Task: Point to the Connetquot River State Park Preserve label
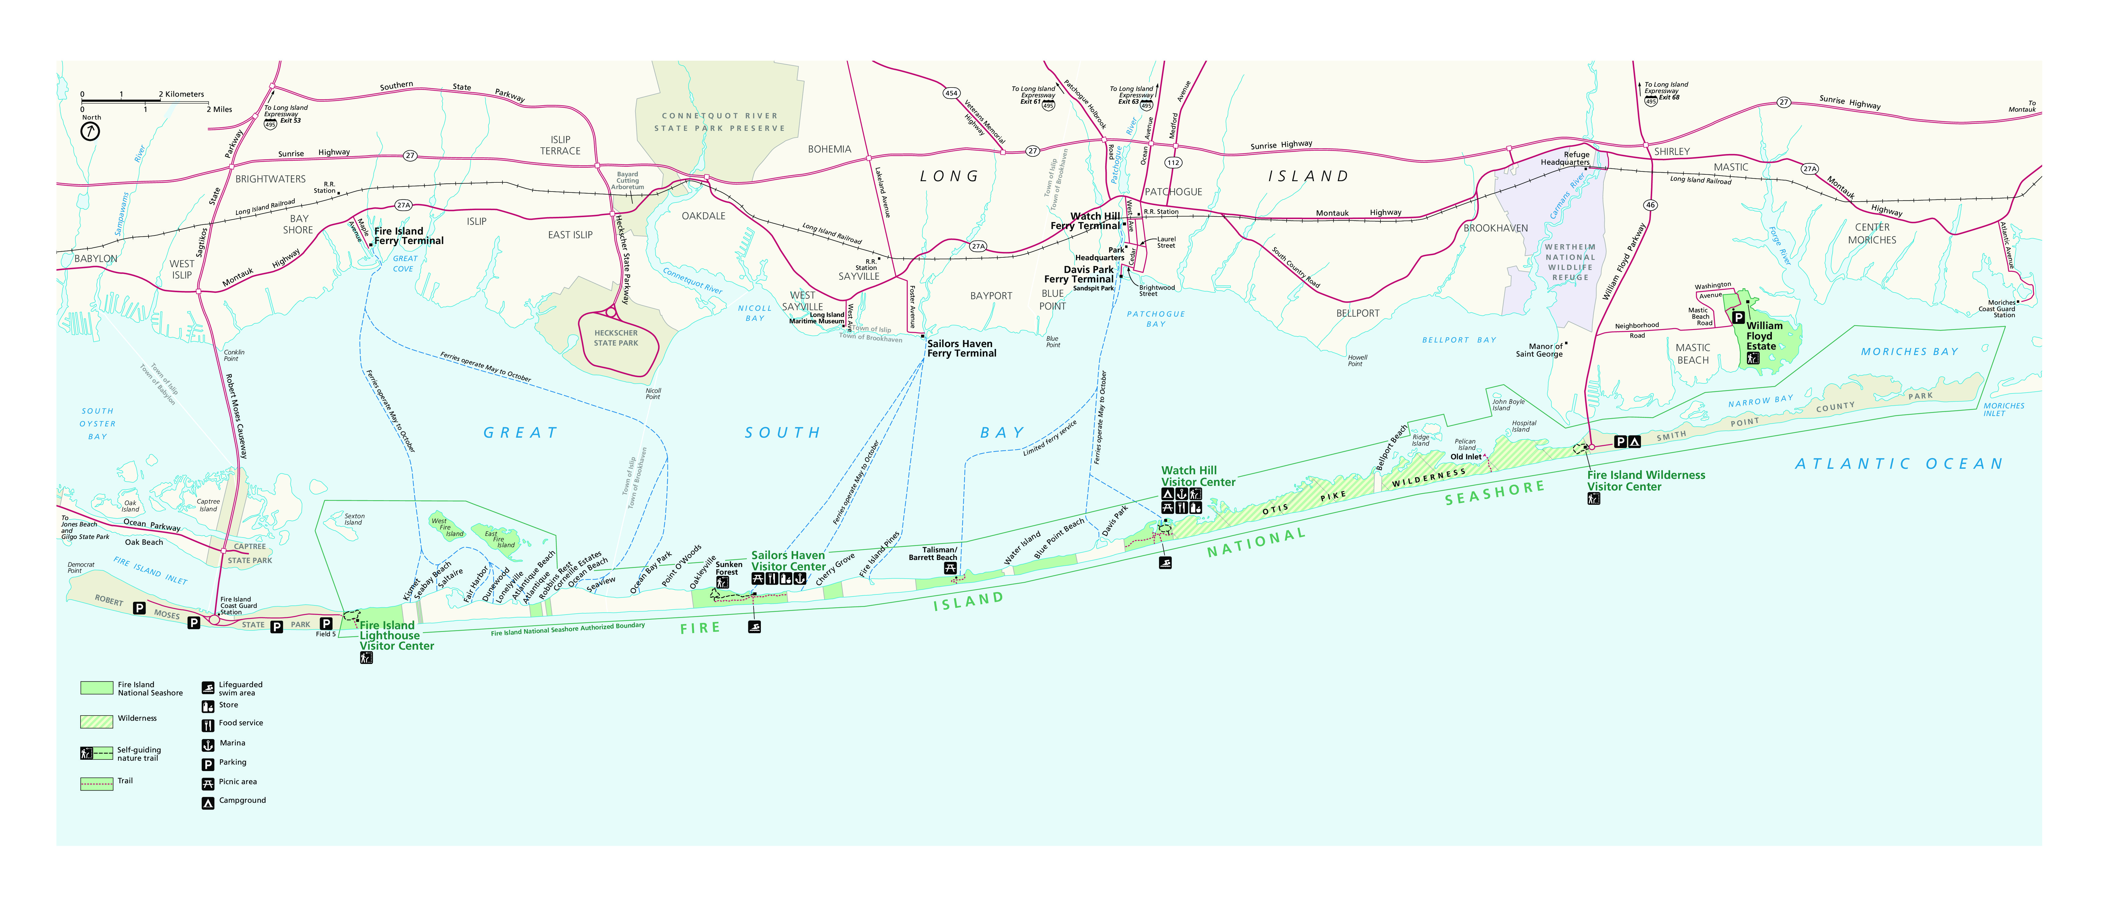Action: click(x=719, y=122)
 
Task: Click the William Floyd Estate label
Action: click(x=1763, y=336)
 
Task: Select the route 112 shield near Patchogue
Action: click(x=1173, y=163)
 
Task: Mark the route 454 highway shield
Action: click(x=951, y=93)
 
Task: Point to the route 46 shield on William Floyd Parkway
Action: click(x=1651, y=205)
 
